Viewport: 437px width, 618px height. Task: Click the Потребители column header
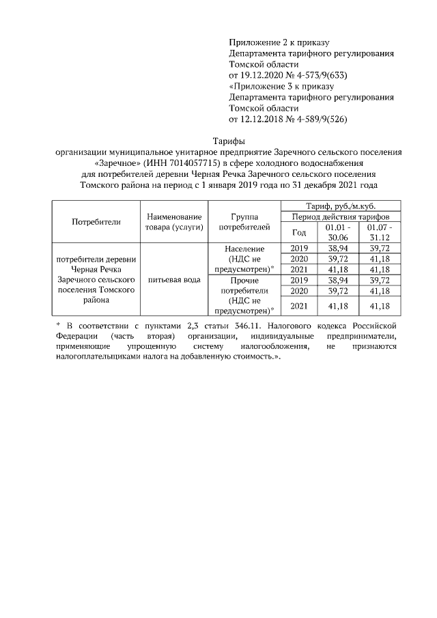tap(96, 221)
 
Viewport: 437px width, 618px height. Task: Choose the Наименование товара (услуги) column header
tap(174, 221)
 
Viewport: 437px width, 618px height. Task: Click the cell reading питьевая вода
tap(174, 279)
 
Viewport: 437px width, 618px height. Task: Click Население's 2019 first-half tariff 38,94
tap(339, 249)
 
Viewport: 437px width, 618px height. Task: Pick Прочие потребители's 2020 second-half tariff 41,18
tap(380, 290)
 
